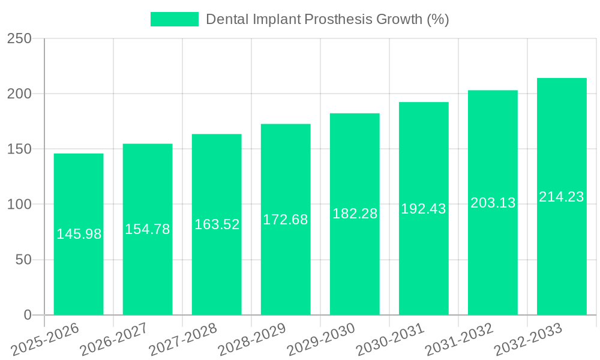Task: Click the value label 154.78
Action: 148,229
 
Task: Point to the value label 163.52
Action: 217,224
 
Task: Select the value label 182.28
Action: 355,214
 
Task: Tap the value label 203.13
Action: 493,203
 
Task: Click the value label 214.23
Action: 562,197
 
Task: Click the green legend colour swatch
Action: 174,19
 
